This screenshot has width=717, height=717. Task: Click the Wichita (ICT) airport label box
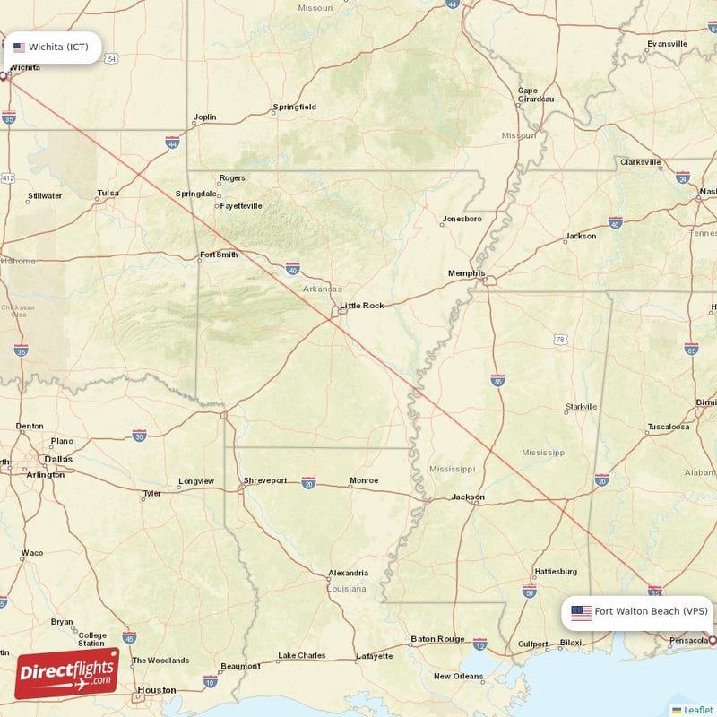[x=51, y=47]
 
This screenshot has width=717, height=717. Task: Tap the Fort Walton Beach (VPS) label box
[x=638, y=612]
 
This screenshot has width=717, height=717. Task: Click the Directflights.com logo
[x=67, y=672]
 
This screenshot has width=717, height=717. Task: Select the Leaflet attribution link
[x=697, y=710]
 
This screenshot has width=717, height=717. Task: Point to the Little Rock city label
[x=361, y=306]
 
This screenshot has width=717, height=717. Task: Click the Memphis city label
[x=467, y=273]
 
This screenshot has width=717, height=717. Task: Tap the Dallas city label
[x=58, y=459]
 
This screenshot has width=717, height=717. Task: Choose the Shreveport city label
[x=265, y=480]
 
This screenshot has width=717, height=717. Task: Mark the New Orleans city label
[x=457, y=676]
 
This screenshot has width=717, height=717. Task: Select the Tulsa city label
[x=108, y=193]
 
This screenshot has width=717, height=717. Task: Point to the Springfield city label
[x=295, y=108]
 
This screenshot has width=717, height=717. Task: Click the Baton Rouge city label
[x=437, y=639]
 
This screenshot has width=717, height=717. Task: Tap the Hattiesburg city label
[x=556, y=571]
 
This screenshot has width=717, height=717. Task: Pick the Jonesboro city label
[x=462, y=219]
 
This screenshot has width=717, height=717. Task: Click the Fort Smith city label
[x=219, y=255]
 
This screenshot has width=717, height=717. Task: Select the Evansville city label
[x=667, y=44]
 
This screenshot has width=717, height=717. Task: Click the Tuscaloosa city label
[x=669, y=427]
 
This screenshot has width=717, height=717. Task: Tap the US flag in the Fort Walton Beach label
[x=581, y=612]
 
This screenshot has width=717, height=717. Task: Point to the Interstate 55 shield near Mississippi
[x=498, y=380]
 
